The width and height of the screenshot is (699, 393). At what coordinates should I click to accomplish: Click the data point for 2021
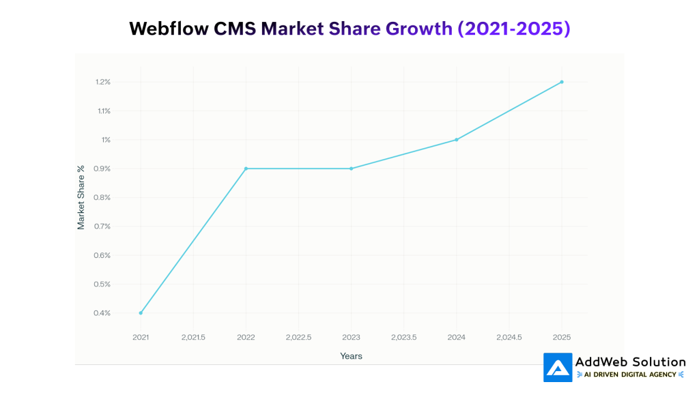coord(141,313)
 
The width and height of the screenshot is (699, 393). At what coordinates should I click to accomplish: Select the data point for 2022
coord(246,169)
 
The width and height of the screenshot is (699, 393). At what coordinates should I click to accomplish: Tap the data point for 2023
coord(351,169)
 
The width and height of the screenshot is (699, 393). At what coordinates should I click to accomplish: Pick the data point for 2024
coord(456,140)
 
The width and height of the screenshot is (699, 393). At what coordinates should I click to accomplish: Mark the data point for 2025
coord(562,82)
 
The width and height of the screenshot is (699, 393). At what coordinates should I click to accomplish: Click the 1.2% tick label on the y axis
coord(103,82)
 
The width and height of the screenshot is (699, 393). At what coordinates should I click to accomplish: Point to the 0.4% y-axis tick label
coord(103,313)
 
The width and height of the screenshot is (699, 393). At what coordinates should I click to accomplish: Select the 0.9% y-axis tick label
coord(103,169)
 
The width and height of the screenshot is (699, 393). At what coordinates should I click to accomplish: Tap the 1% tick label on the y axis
coord(106,140)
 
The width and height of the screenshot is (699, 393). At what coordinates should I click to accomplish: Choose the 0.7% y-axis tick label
coord(103,227)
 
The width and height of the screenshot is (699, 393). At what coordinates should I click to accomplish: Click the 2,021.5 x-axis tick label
coord(193,337)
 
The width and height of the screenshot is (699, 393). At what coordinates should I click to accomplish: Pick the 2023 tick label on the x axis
coord(351,337)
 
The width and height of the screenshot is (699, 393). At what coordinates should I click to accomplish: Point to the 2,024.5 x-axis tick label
coord(509,337)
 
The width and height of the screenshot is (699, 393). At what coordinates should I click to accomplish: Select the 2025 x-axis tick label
coord(562,337)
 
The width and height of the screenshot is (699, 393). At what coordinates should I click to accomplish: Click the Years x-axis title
coord(351,356)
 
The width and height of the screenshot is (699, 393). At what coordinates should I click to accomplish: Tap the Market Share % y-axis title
coord(81,197)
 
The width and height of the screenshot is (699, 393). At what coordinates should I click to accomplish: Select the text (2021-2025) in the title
coord(513,29)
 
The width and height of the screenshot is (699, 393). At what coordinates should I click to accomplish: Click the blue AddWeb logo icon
coord(558,367)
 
